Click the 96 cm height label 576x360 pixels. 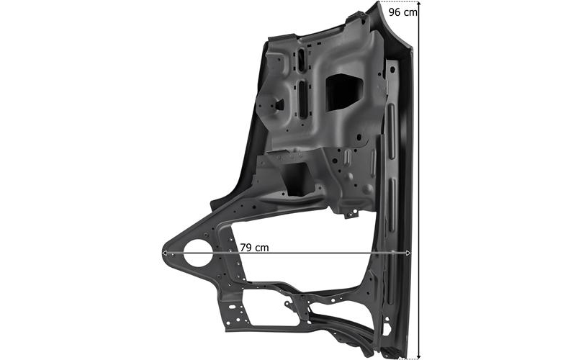click(402, 12)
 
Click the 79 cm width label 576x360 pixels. click(255, 248)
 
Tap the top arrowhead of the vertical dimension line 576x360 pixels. click(419, 4)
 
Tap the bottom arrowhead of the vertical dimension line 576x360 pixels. click(419, 356)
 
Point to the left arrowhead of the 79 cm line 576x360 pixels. click(165, 253)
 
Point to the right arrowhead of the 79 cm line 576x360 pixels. click(408, 253)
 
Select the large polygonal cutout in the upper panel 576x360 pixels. click(344, 91)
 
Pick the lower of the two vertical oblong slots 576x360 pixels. click(302, 99)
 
